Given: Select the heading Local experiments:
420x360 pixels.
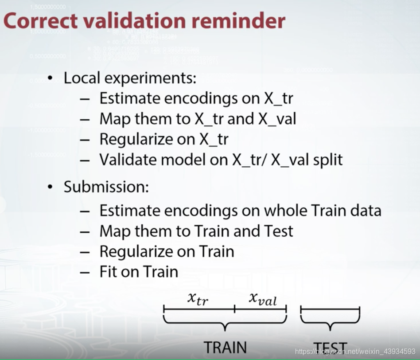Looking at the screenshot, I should (130, 78).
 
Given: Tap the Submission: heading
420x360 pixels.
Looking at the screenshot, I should (106, 186).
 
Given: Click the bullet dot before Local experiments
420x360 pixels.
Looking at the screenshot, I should (51, 78).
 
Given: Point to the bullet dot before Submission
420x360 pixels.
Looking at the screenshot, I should (51, 187).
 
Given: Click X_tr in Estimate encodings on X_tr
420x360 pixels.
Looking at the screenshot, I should (278, 98).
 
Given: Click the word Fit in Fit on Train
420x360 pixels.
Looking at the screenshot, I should (108, 272).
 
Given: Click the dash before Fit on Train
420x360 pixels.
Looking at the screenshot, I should (85, 272).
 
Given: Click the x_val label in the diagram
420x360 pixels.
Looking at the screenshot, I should (262, 299).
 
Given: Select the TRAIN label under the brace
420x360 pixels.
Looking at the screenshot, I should (225, 347).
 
